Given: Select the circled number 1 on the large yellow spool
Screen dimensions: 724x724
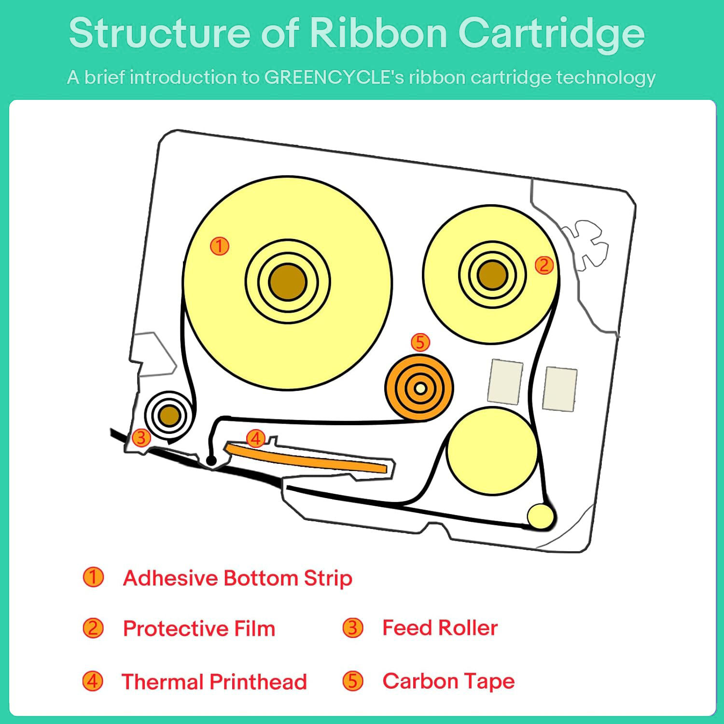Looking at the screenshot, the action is pyautogui.click(x=219, y=246).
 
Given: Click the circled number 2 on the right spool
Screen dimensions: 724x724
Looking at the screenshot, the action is pyautogui.click(x=544, y=265).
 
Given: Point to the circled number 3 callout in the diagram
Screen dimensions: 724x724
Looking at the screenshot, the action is pyautogui.click(x=141, y=438).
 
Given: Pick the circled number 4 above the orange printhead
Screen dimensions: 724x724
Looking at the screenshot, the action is pyautogui.click(x=255, y=438).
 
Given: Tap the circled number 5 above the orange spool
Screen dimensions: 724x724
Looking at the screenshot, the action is pyautogui.click(x=420, y=342).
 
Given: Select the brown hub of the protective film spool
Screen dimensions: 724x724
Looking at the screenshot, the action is pyautogui.click(x=492, y=275).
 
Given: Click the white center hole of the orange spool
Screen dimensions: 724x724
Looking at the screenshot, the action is pyautogui.click(x=420, y=388).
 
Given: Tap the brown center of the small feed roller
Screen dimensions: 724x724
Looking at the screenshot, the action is pyautogui.click(x=169, y=415).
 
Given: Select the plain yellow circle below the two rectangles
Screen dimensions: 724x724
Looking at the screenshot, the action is pyautogui.click(x=492, y=451).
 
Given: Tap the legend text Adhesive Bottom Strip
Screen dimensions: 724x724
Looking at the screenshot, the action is pyautogui.click(x=237, y=578).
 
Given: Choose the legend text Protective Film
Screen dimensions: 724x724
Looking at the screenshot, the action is pyautogui.click(x=199, y=628).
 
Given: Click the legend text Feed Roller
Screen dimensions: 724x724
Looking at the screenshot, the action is pyautogui.click(x=440, y=628).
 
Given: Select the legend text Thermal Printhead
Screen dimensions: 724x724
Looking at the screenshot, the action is pyautogui.click(x=214, y=682).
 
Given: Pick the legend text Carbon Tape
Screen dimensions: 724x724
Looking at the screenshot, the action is pyautogui.click(x=448, y=682).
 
